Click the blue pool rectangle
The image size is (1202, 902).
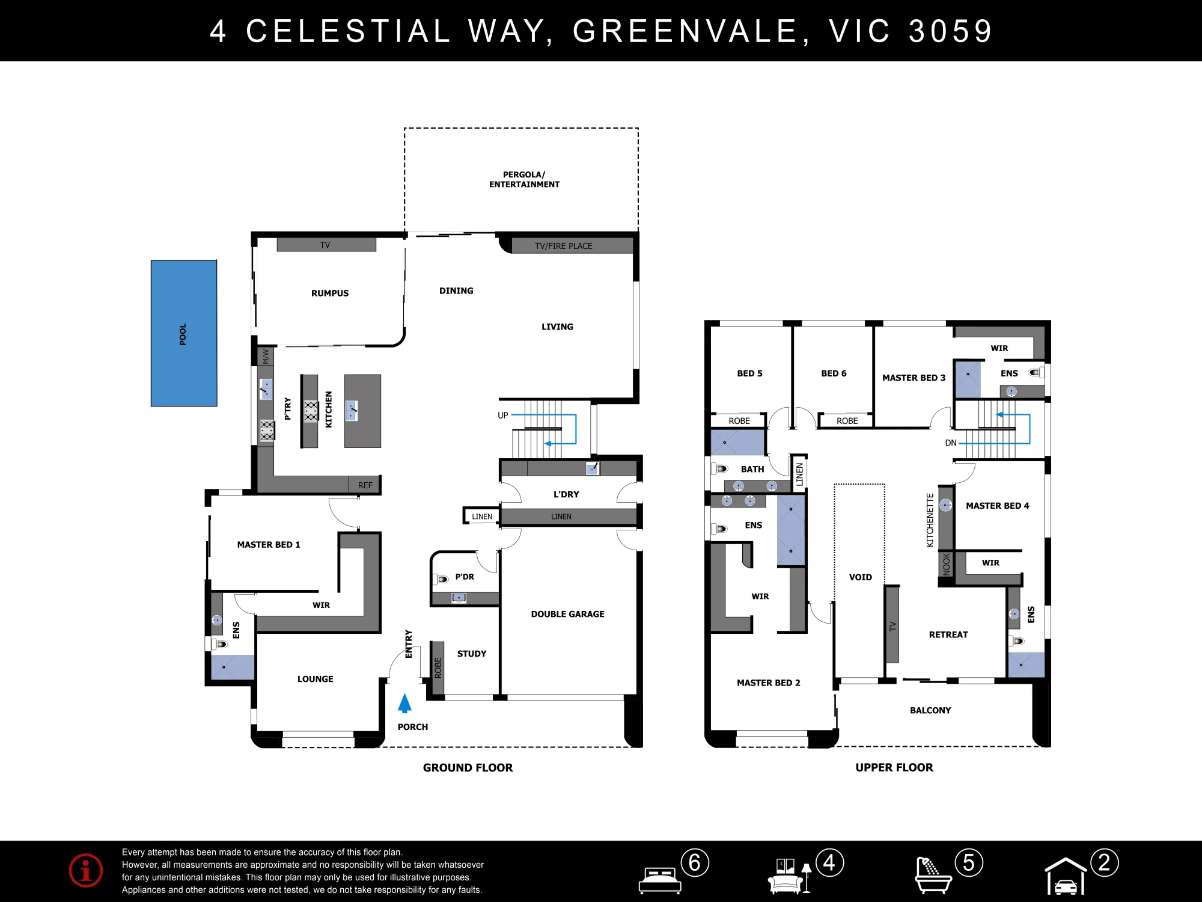(184, 333)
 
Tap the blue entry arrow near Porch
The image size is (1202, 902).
(405, 704)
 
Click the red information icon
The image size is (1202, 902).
(86, 870)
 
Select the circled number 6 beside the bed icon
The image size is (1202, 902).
(695, 863)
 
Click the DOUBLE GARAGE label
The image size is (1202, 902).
(567, 614)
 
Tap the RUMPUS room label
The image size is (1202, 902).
(330, 293)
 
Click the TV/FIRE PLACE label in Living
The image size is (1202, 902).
(564, 246)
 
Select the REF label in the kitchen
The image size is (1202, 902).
(365, 485)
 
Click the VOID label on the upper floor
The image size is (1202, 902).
(861, 577)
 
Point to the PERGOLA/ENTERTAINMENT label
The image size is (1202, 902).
(524, 179)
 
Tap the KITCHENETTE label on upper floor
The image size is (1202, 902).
(930, 520)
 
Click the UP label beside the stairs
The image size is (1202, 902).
(503, 416)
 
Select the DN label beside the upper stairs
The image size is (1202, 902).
(951, 443)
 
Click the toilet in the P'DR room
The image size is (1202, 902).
(441, 579)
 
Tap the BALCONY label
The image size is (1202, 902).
(930, 710)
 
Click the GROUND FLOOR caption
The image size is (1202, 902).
(468, 767)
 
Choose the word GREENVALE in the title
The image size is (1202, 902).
(685, 31)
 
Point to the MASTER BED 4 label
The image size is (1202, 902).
(998, 506)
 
